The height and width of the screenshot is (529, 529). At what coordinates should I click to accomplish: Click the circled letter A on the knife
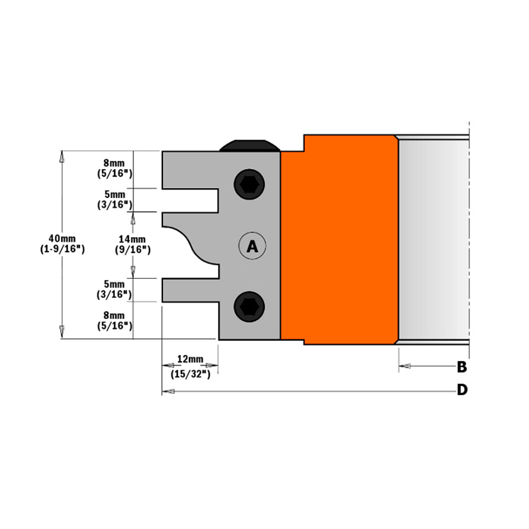tap(252, 246)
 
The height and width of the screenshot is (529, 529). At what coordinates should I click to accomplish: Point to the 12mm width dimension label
tap(190, 359)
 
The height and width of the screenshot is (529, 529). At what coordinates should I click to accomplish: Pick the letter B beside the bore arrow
tap(461, 366)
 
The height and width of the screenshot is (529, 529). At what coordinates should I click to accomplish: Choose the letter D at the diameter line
tap(462, 390)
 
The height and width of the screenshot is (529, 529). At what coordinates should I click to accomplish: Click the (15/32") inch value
tap(190, 374)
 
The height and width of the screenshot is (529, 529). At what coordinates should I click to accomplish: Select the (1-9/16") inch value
tap(62, 248)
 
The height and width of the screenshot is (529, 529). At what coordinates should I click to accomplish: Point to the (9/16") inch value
tap(132, 250)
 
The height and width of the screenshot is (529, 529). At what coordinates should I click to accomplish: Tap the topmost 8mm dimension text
tap(115, 162)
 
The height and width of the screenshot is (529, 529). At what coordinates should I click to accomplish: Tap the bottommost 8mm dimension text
tap(115, 315)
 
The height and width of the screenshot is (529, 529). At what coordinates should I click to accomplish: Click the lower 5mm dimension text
tap(115, 284)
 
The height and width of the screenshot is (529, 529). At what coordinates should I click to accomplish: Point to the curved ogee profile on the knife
tap(185, 241)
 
